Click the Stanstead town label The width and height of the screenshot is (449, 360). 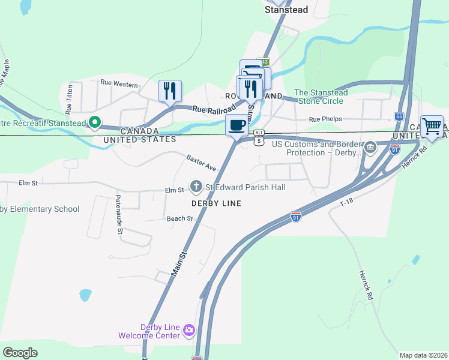tap(286, 10)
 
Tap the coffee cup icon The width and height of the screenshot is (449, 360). tap(237, 125)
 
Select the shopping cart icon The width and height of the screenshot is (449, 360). tap(432, 127)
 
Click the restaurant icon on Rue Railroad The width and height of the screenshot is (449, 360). tap(170, 91)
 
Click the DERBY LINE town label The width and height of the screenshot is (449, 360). tap(216, 203)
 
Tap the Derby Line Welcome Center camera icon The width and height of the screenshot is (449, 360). tap(189, 329)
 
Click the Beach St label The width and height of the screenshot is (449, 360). tap(180, 218)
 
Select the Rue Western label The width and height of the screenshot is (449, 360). tap(119, 84)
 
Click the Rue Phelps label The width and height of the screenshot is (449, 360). tap(325, 119)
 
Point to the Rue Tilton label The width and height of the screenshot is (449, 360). tap(69, 98)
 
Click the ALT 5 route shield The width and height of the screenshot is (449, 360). tap(258, 137)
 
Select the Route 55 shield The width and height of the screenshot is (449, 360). tap(399, 116)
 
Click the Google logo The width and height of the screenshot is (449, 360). tap(20, 352)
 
